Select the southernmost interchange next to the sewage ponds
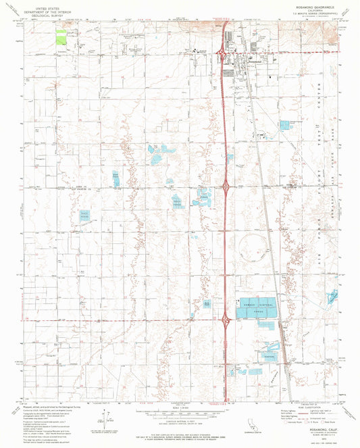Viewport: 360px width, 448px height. coord(224,316)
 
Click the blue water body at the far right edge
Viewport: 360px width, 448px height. coord(333,297)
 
